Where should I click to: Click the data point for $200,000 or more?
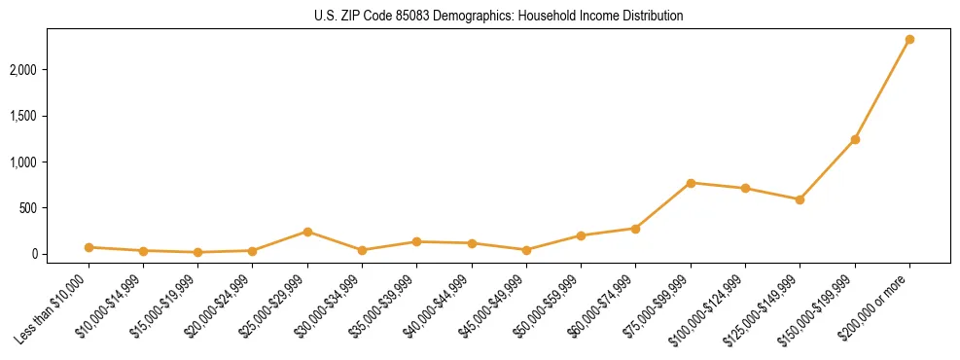click(909, 40)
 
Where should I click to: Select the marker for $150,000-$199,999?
click(855, 140)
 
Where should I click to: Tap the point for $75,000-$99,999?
click(691, 183)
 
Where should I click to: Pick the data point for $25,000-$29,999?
click(307, 232)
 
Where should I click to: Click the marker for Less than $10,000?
click(89, 247)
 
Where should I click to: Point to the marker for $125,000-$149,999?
click(800, 199)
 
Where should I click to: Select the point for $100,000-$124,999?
click(745, 189)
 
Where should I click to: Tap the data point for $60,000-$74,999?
click(636, 229)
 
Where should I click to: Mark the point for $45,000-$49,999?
click(526, 250)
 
